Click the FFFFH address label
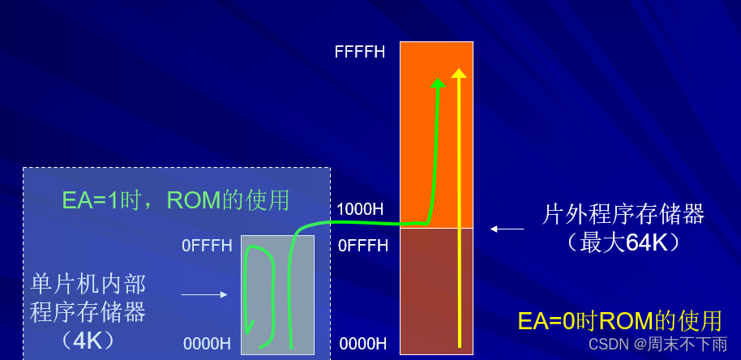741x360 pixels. [x=359, y=53]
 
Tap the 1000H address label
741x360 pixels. [x=360, y=209]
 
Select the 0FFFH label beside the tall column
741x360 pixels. [x=362, y=246]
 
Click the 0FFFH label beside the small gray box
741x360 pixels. [x=207, y=246]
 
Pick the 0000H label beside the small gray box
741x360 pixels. [x=208, y=344]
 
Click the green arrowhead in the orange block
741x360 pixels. [x=438, y=82]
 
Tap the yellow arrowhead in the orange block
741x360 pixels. [x=459, y=74]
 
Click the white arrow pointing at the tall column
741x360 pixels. [x=507, y=229]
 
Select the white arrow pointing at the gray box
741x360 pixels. [x=203, y=295]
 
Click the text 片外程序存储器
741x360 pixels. [x=623, y=215]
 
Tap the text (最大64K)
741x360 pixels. [x=623, y=242]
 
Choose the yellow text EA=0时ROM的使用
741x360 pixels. [x=619, y=321]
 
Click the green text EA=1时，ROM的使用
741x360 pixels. [x=176, y=200]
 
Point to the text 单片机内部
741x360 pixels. [x=88, y=284]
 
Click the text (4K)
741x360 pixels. [x=88, y=340]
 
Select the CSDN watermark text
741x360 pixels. [x=657, y=345]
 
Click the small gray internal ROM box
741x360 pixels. [x=277, y=294]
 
